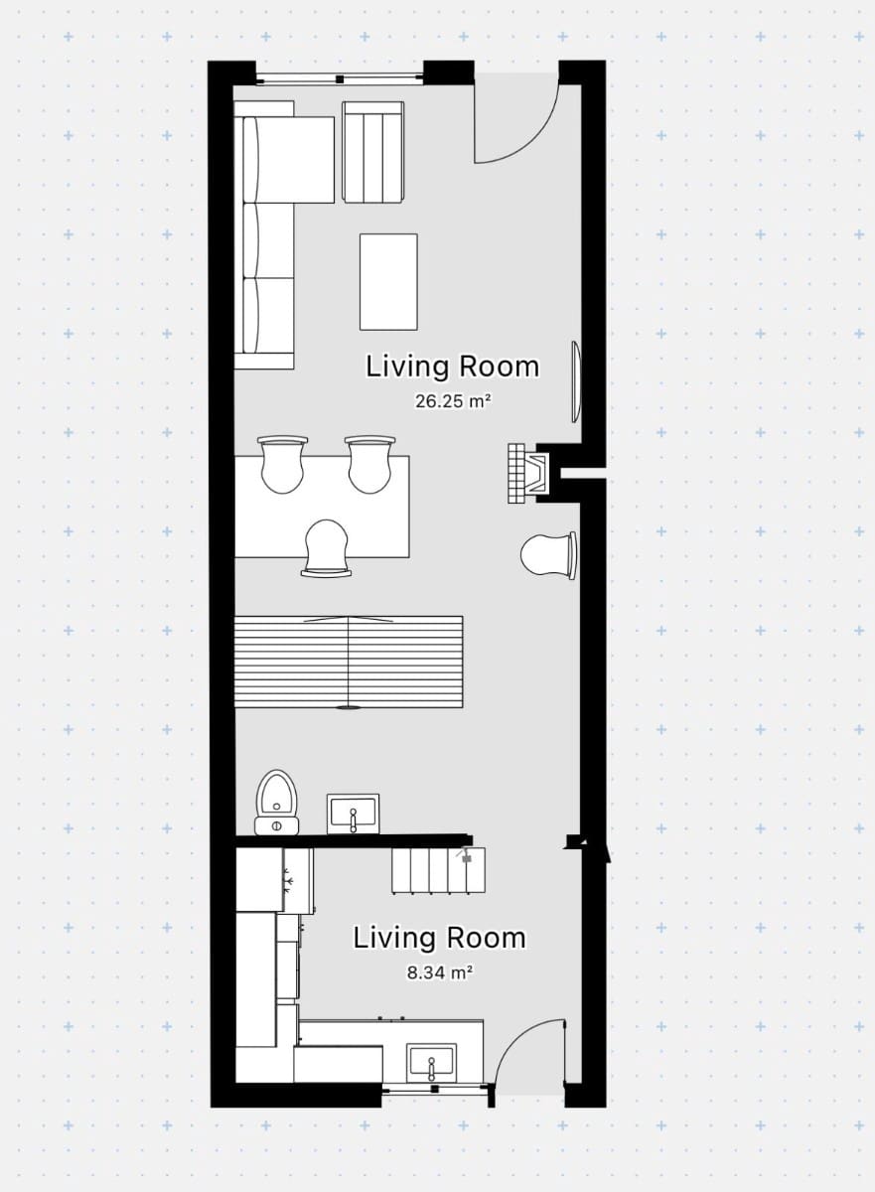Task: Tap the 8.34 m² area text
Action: point(439,972)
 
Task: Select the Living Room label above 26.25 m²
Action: point(452,367)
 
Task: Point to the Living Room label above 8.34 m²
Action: point(439,938)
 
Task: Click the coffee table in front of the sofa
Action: point(388,281)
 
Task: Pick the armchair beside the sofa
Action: point(373,152)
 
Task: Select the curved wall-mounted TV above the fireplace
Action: point(575,382)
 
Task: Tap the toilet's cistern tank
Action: point(277,824)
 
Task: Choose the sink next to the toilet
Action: point(353,814)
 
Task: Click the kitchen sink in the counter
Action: point(432,1062)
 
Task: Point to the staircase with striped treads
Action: point(349,662)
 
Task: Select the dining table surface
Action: point(323,507)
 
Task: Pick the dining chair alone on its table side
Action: point(328,548)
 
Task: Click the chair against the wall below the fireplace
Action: point(549,555)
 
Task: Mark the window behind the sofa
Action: point(340,77)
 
